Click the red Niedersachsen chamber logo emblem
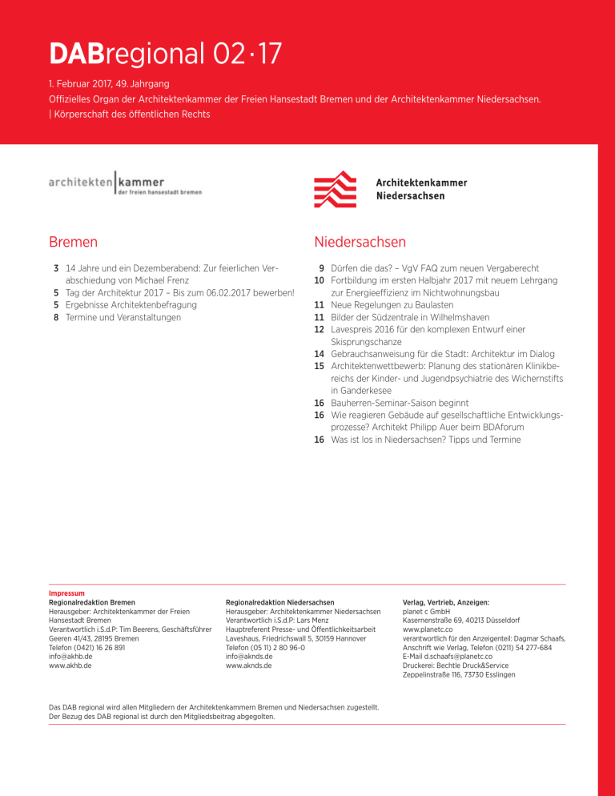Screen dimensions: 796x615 point(335,190)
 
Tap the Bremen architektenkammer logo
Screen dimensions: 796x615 point(125,183)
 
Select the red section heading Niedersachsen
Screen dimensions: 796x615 point(360,242)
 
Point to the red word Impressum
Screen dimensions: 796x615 point(66,593)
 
